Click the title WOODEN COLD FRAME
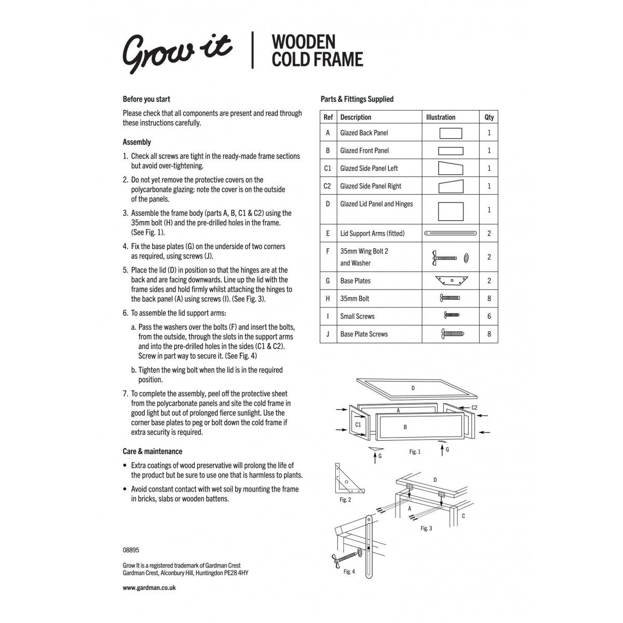click(x=317, y=50)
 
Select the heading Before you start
click(x=146, y=99)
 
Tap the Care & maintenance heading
click(x=152, y=452)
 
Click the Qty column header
click(x=489, y=117)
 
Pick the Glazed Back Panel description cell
click(x=364, y=133)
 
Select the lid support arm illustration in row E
click(x=450, y=234)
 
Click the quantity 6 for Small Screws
click(x=489, y=316)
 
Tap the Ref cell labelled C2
click(x=328, y=186)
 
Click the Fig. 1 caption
click(x=414, y=452)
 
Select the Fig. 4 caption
click(x=349, y=572)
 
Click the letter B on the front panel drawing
click(x=405, y=427)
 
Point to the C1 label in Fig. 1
click(x=358, y=424)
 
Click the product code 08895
click(x=131, y=550)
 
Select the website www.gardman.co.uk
click(x=149, y=588)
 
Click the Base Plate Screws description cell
click(x=364, y=334)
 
